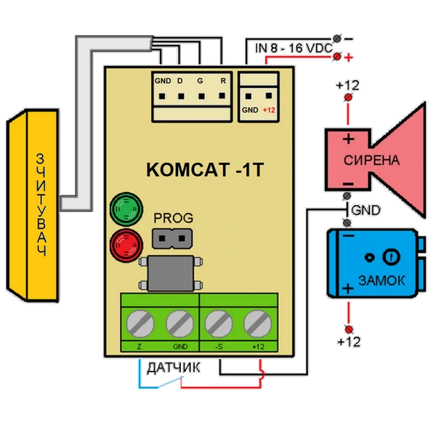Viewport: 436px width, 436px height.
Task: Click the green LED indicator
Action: [x=124, y=209]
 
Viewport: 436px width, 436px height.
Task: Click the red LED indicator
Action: [x=124, y=243]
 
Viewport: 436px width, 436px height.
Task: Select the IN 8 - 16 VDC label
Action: [x=293, y=48]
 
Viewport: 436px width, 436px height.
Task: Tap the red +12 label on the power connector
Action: [x=269, y=110]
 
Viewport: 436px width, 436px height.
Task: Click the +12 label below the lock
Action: [x=349, y=341]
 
